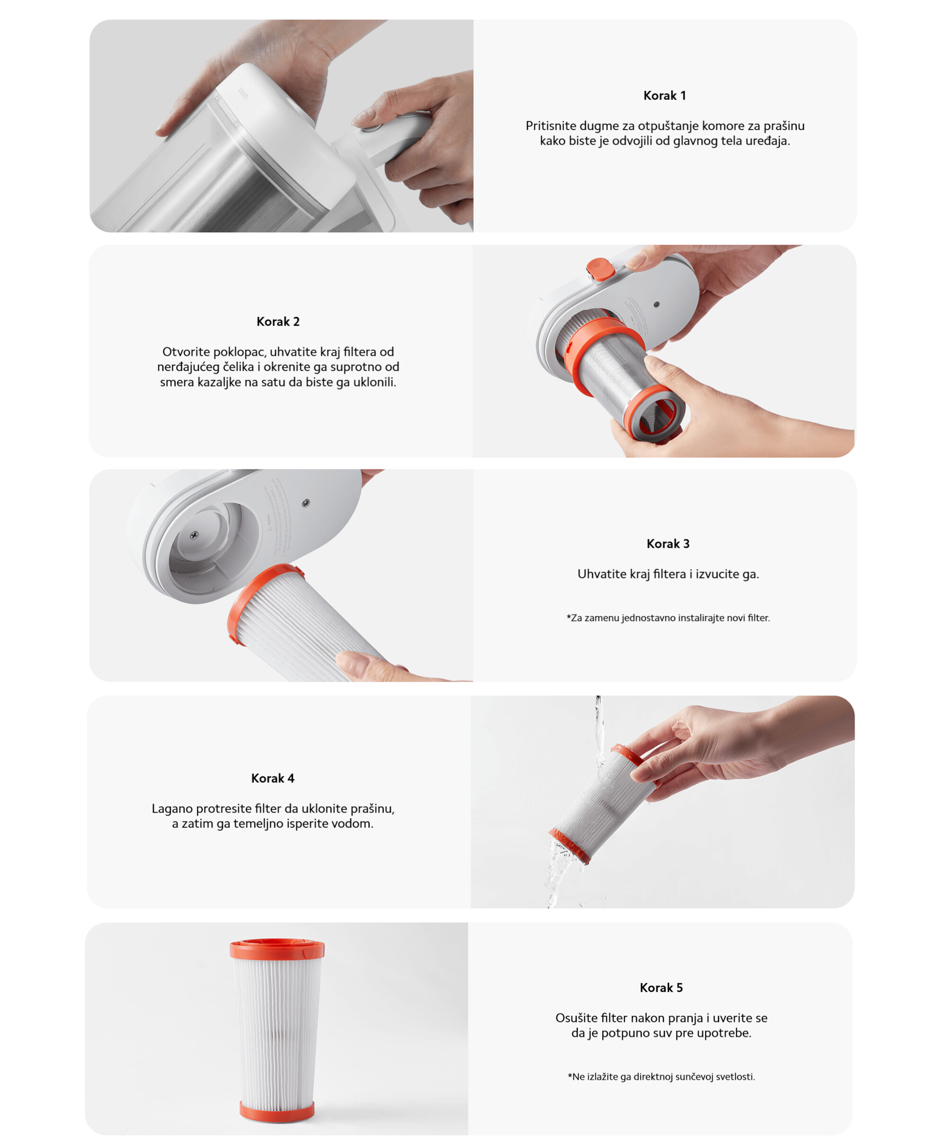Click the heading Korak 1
click(664, 96)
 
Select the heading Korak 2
click(278, 322)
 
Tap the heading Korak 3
click(668, 543)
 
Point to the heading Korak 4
click(273, 778)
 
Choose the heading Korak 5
click(661, 987)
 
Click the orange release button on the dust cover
click(600, 269)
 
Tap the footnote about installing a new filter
click(668, 618)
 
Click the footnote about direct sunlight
click(661, 1076)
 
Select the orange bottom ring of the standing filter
click(277, 1110)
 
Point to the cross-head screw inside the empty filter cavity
click(194, 536)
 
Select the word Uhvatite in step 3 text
click(600, 574)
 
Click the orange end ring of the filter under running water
click(569, 845)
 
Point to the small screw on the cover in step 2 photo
click(656, 304)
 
